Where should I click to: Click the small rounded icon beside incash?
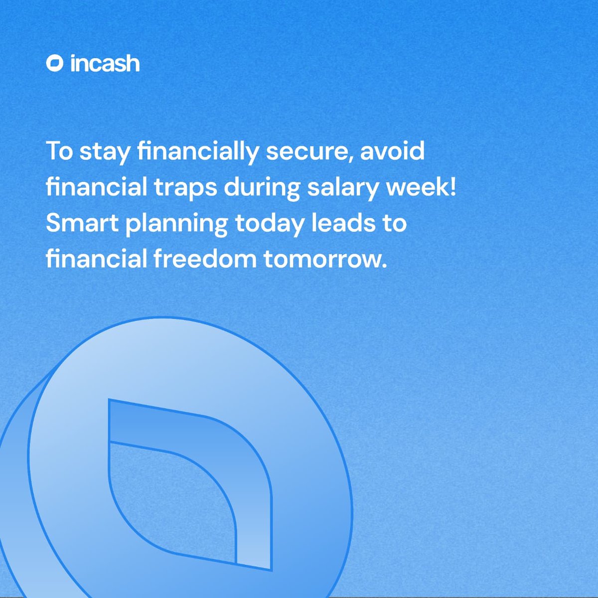[54, 64]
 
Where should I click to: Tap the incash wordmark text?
[105, 64]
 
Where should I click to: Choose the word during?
[262, 187]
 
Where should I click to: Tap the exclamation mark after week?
[452, 187]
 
